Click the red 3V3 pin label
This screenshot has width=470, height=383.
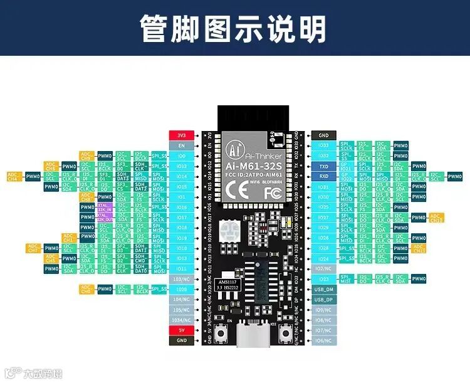[x=181, y=135]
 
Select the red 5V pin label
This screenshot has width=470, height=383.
[x=181, y=330]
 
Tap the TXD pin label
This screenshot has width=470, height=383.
[x=323, y=167]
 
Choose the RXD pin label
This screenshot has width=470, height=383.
[x=323, y=177]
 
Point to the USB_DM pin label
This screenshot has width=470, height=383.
[x=323, y=289]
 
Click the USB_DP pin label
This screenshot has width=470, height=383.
[x=323, y=300]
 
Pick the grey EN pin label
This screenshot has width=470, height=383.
[x=181, y=145]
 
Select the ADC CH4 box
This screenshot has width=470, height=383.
[x=13, y=177]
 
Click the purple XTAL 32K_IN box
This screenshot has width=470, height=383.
[x=104, y=207]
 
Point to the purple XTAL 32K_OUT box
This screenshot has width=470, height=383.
[x=104, y=217]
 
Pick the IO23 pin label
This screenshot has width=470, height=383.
[x=323, y=279]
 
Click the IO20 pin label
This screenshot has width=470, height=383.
[x=181, y=289]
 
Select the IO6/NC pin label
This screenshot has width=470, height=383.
[x=323, y=340]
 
